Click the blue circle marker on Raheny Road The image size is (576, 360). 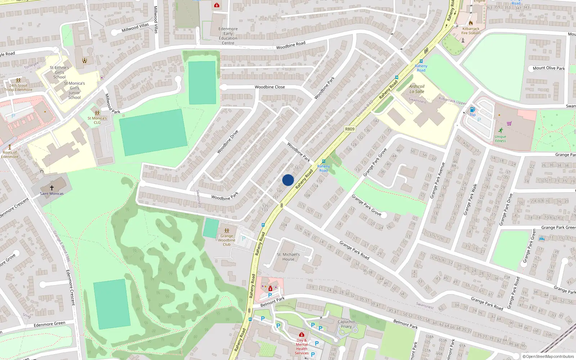click(x=288, y=180)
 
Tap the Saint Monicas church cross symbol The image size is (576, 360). click(x=52, y=188)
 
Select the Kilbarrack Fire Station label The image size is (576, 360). click(x=471, y=31)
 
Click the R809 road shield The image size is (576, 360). click(x=350, y=129)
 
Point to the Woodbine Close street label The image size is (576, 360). click(x=270, y=87)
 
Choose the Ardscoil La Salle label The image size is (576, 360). click(x=417, y=89)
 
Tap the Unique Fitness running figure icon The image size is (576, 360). click(x=501, y=130)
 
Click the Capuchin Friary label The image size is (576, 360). click(x=346, y=324)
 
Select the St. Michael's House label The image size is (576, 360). click(x=288, y=257)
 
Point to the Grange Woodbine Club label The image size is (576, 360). click(x=226, y=240)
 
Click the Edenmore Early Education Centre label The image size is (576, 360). click(x=228, y=36)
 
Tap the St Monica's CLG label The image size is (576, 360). click(x=97, y=120)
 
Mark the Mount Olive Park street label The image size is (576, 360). click(x=549, y=68)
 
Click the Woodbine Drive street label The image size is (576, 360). click(x=228, y=142)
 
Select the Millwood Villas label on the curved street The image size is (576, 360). click(x=135, y=27)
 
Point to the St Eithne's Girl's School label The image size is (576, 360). click(x=59, y=72)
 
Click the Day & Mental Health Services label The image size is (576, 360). click(x=302, y=347)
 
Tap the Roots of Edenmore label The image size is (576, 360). click(x=10, y=154)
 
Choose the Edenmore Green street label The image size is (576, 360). click(x=49, y=324)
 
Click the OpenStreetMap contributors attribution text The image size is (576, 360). click(x=549, y=357)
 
